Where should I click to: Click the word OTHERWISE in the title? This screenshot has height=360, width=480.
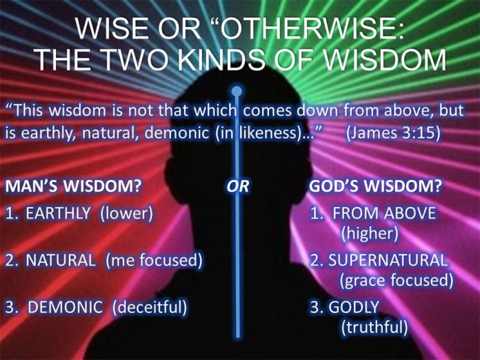(310, 29)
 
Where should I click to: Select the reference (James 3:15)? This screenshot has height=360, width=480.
(394, 133)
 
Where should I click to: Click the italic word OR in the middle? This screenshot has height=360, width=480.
(238, 186)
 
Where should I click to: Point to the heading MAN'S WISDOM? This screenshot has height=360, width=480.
(73, 186)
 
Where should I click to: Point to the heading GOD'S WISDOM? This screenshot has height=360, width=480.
(375, 186)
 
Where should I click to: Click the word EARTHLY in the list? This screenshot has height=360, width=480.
(58, 212)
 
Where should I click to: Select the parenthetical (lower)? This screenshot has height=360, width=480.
(126, 213)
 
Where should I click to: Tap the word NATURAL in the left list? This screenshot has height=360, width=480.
(61, 260)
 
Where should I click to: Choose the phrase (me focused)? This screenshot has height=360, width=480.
(154, 261)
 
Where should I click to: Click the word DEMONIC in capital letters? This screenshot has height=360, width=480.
(66, 307)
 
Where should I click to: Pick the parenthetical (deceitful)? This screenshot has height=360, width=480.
(150, 308)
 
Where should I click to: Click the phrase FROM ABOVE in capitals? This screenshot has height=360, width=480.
(384, 212)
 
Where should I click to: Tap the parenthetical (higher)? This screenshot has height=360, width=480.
(370, 234)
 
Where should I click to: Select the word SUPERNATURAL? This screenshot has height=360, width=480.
(388, 260)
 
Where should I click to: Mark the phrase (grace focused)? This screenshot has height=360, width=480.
(396, 281)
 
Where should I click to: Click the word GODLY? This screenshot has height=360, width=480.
(354, 307)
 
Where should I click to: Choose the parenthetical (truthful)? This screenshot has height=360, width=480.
(374, 328)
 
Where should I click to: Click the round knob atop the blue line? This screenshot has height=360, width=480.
(237, 91)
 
